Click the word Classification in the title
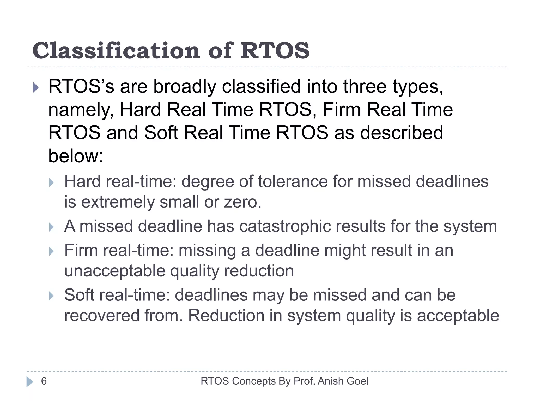coord(116,51)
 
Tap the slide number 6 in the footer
coord(44,381)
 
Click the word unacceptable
coord(114,271)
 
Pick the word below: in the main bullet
coord(76,156)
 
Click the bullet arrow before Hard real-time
coord(51,182)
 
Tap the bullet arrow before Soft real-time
coord(51,296)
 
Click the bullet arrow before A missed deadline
coord(51,227)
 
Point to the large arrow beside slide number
coord(30,381)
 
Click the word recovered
coord(102,316)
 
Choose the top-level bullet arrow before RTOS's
coord(36,88)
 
